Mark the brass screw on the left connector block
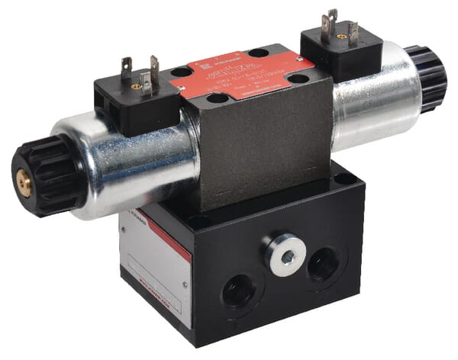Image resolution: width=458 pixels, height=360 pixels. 137,86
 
